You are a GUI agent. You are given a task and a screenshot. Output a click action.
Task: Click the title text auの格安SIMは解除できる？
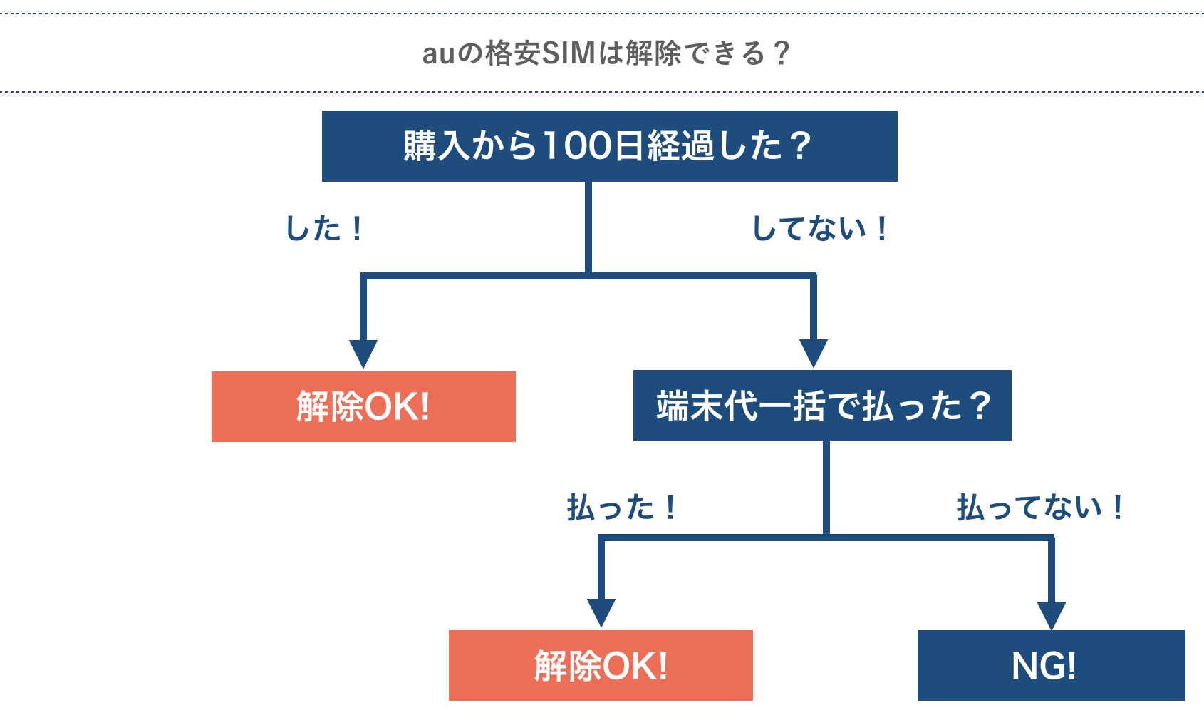tap(606, 53)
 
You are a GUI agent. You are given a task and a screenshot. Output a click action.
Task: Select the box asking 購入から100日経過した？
tap(609, 146)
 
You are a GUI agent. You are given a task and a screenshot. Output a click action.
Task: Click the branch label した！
tap(324, 229)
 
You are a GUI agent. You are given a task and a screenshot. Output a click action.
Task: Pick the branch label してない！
tap(819, 229)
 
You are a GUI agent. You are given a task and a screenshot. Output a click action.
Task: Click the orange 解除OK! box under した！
tap(363, 406)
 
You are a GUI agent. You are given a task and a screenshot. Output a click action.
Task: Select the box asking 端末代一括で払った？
tap(822, 405)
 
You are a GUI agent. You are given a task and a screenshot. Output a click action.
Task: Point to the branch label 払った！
tap(621, 508)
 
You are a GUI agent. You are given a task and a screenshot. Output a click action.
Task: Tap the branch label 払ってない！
tap(1039, 508)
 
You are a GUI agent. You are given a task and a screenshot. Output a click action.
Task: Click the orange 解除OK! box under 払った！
tap(601, 665)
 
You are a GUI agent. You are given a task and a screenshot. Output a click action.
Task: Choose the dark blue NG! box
tap(1051, 665)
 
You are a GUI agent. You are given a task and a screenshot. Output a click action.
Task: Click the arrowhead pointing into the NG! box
tap(1052, 615)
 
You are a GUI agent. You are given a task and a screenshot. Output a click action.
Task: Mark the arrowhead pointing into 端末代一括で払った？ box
tap(813, 353)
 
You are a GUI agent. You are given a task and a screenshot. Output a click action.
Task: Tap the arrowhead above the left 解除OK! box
tap(363, 354)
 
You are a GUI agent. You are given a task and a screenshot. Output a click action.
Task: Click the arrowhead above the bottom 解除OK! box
tap(601, 612)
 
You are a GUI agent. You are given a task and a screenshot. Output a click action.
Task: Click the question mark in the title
tap(782, 53)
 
